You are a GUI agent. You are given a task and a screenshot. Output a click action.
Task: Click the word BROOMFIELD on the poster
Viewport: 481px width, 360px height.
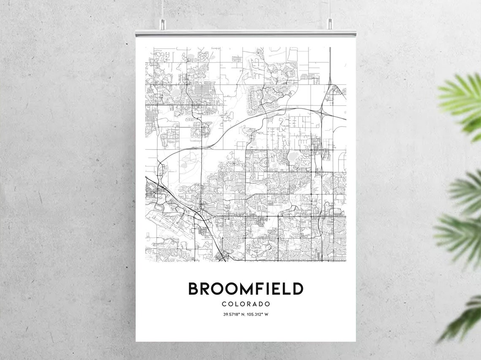coord(246,289)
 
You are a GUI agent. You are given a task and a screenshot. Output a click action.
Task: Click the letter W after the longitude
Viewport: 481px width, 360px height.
coord(266,314)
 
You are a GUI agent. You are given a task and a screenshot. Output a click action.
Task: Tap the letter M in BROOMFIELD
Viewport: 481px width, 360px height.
coord(241,289)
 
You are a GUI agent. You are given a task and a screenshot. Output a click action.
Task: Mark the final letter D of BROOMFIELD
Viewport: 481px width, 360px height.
coord(298,289)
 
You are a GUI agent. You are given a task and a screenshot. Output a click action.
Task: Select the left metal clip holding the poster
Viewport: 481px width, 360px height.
coord(162,24)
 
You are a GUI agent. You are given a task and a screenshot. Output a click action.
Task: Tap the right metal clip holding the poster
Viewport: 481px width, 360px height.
coord(330,24)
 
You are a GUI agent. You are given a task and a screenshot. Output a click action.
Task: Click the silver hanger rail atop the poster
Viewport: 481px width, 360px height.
coord(246,33)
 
